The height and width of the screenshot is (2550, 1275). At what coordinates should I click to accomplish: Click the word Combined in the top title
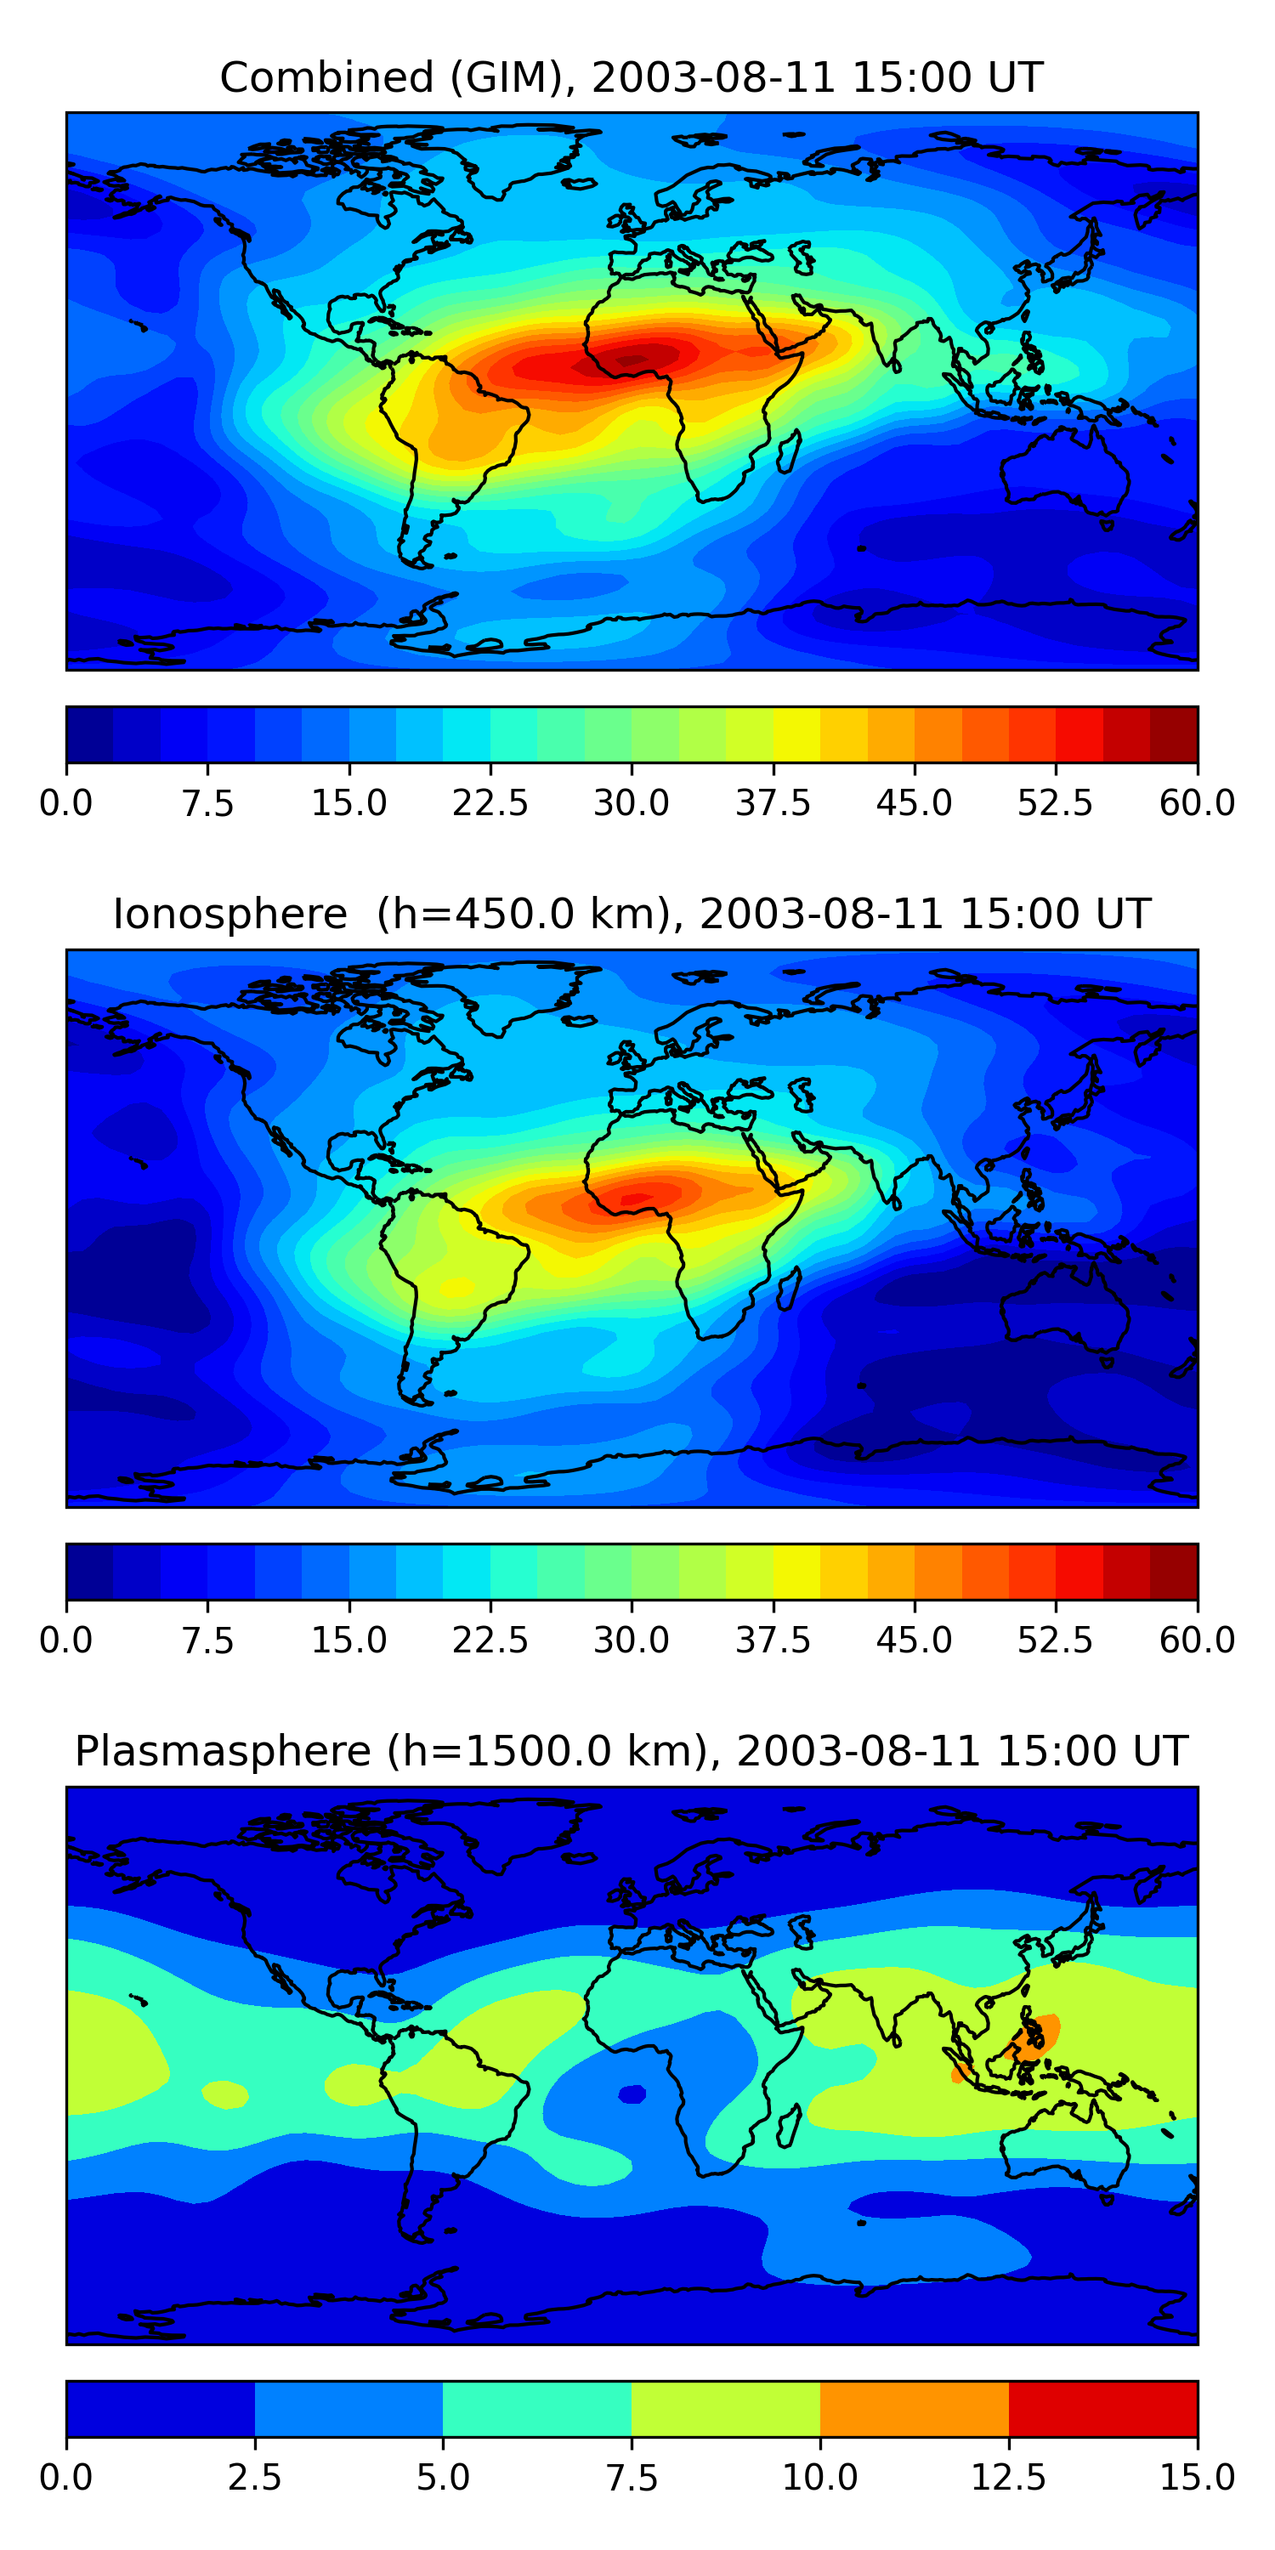point(326,77)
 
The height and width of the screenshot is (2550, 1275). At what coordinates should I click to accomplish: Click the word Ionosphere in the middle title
point(229,914)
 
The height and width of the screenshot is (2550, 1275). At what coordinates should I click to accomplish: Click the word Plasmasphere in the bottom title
point(222,1751)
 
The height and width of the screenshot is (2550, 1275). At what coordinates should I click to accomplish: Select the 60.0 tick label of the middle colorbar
point(1197,1640)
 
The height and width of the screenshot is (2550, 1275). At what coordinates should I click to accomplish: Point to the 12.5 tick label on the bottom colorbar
point(1008,2478)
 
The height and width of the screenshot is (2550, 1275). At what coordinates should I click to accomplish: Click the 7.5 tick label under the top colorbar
point(207,802)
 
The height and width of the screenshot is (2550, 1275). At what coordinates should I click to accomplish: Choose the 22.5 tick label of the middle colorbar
point(490,1640)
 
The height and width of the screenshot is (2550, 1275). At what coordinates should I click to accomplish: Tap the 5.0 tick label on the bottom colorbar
point(443,2478)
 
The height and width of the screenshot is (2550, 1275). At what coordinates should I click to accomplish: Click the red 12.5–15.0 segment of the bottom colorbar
point(1102,2408)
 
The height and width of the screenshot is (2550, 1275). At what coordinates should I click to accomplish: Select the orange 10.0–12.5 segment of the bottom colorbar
point(914,2408)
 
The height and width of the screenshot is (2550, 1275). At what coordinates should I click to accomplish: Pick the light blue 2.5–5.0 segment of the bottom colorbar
point(348,2408)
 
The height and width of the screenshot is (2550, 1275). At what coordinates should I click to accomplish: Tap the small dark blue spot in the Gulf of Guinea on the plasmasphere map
point(632,2094)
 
